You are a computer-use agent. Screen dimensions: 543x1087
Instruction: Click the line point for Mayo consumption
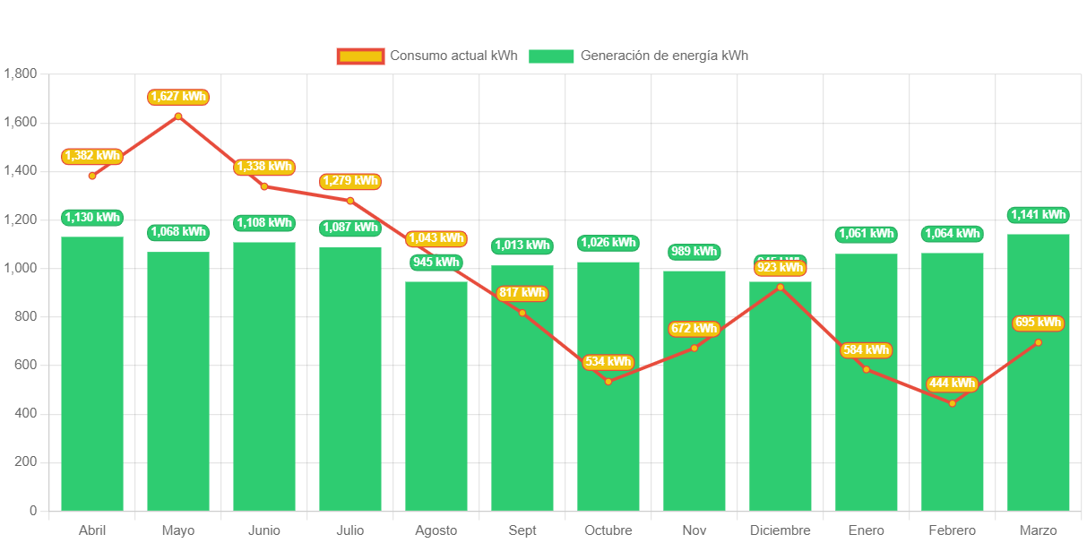click(178, 116)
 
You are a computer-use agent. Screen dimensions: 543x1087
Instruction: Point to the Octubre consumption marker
click(608, 382)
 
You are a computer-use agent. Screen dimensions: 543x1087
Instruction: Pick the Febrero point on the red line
click(952, 403)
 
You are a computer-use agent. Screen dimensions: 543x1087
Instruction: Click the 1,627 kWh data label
click(178, 97)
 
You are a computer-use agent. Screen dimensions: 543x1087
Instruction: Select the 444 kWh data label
click(952, 384)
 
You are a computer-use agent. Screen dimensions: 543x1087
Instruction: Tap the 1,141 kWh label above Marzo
click(1038, 215)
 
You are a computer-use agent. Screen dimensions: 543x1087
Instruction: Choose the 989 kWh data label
click(694, 252)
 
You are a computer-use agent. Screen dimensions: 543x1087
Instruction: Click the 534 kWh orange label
click(608, 362)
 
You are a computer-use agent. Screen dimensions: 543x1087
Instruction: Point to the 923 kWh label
click(780, 268)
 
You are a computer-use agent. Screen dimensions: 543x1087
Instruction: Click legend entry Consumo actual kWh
click(427, 56)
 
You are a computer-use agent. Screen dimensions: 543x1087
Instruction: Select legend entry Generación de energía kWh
click(638, 56)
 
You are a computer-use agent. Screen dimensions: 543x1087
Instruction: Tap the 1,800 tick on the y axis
click(21, 73)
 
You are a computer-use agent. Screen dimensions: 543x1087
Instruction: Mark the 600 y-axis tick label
click(26, 365)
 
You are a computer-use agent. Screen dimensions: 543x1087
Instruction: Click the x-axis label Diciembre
click(780, 530)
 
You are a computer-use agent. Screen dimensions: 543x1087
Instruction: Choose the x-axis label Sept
click(522, 530)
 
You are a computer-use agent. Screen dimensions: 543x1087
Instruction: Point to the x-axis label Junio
click(264, 530)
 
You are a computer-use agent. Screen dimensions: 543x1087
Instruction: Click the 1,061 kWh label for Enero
click(866, 234)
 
